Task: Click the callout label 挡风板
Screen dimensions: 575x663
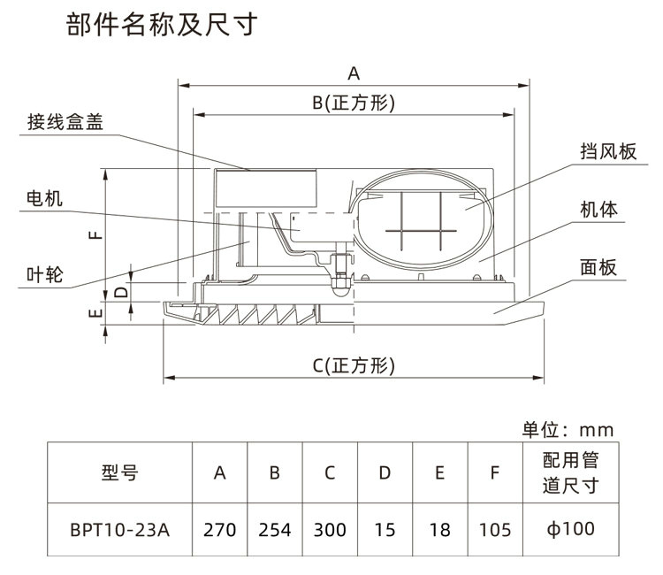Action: (609, 152)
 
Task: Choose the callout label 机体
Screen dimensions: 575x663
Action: (598, 210)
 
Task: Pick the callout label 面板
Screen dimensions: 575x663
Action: (598, 268)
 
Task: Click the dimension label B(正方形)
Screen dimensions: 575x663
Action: (354, 103)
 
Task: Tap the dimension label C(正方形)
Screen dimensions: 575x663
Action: (354, 365)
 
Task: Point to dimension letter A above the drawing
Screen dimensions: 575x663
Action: (354, 73)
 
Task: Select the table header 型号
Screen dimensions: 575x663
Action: (119, 472)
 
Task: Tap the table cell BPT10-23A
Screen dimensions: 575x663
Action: (119, 531)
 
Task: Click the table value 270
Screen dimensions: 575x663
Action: (220, 531)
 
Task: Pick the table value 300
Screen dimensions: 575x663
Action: (330, 531)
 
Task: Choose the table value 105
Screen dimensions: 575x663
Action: (494, 531)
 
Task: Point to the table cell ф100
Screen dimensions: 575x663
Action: (571, 530)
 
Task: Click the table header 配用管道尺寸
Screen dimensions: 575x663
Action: (571, 472)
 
